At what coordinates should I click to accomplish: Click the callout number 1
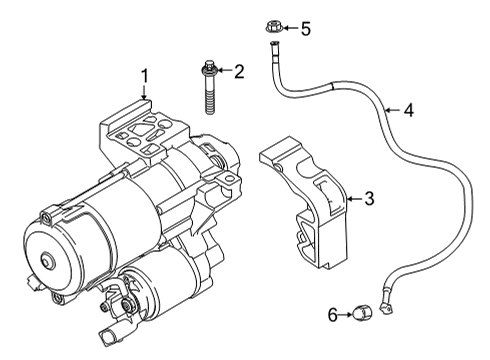point(144,76)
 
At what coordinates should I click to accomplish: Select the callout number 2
point(239,71)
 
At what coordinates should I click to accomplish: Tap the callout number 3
point(369,198)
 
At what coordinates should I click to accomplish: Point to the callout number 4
point(409,110)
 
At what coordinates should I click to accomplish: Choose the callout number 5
point(306,28)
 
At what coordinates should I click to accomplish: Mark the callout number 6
point(333,314)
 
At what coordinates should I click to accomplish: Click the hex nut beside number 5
point(274,27)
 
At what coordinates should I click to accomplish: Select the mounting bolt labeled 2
point(209,87)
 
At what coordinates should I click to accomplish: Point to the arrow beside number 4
point(392,110)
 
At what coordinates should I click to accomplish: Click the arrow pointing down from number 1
point(144,93)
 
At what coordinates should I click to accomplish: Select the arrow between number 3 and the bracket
point(354,199)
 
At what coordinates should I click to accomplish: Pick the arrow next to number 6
point(346,314)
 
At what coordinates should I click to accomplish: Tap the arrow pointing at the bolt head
point(224,70)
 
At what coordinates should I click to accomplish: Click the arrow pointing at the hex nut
point(291,28)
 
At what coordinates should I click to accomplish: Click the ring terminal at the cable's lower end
point(386,307)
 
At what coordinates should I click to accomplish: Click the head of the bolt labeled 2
point(209,67)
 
